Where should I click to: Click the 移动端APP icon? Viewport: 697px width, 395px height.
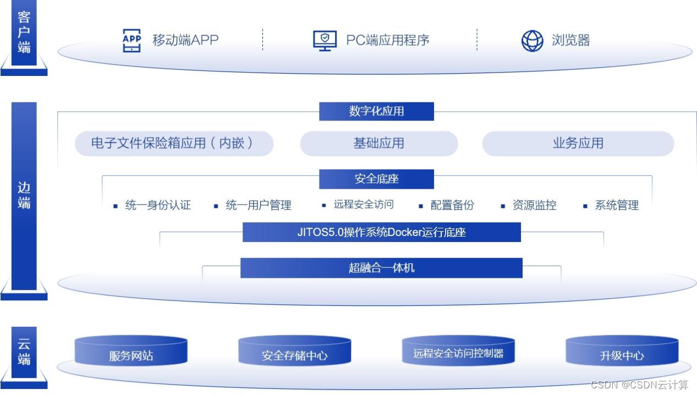tap(131, 40)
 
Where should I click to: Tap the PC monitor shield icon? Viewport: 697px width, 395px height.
tap(325, 40)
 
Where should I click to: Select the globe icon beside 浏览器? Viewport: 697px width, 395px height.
tap(532, 40)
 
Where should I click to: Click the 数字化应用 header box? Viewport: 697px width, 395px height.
tap(376, 111)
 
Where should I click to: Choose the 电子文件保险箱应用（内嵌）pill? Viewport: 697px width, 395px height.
tap(174, 143)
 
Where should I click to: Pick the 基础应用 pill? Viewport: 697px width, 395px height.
tap(378, 143)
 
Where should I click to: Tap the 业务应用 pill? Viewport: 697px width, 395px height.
tap(578, 143)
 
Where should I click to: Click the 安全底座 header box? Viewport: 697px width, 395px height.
tap(376, 179)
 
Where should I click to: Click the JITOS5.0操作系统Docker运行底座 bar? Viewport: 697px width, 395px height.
tap(381, 232)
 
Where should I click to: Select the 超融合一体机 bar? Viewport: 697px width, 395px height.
tap(381, 268)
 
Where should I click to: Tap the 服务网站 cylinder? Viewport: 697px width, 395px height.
tap(131, 353)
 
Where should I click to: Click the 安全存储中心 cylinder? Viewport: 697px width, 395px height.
tap(294, 353)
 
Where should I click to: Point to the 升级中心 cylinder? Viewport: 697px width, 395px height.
tap(622, 353)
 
